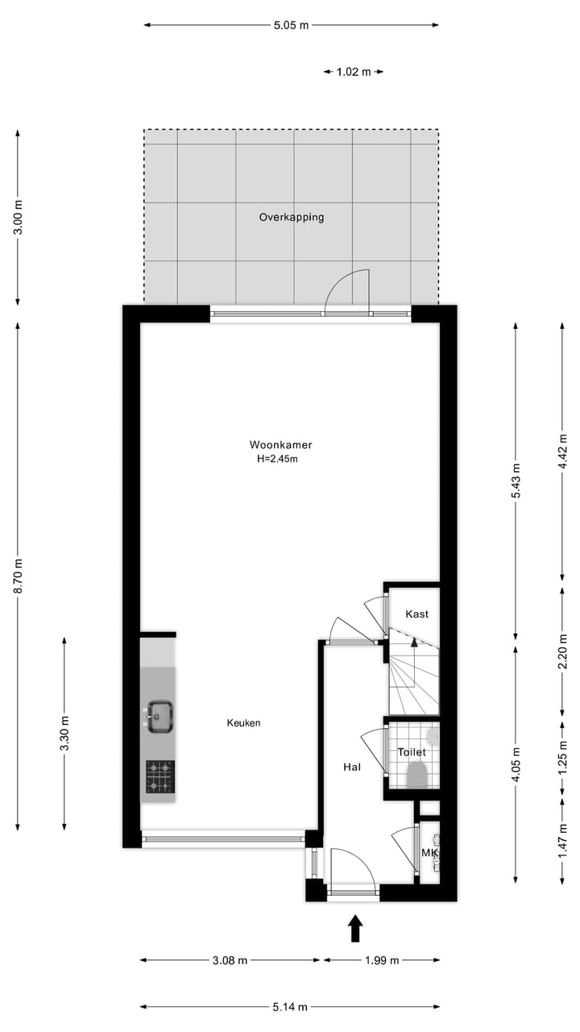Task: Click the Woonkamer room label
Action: tap(280, 444)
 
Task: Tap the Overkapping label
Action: tap(291, 217)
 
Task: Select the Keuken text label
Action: tap(243, 723)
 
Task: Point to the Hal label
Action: tap(351, 767)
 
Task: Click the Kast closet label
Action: tap(416, 614)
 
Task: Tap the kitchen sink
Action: tap(159, 715)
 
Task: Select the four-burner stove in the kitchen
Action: tap(159, 776)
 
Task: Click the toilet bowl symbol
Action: tap(416, 775)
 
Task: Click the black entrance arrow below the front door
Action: tap(354, 929)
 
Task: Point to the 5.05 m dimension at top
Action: tap(291, 25)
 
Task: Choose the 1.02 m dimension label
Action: tap(353, 72)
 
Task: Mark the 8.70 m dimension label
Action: tap(18, 575)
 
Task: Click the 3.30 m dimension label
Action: tap(64, 733)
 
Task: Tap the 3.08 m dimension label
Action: tap(230, 959)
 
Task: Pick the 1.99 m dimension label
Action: tap(381, 959)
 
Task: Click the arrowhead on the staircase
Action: tap(414, 642)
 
